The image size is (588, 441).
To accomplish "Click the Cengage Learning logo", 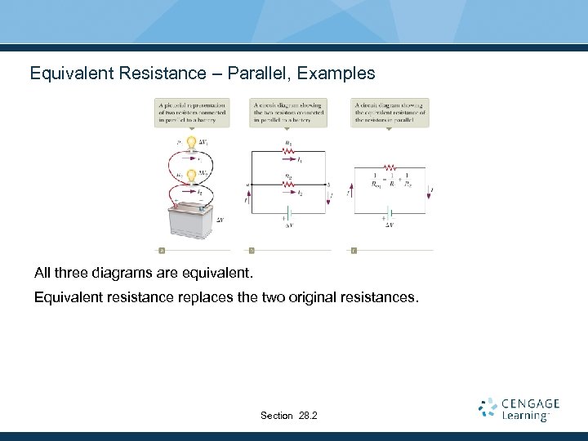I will point(519,409).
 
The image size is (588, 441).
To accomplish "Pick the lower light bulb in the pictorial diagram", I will point(191,175).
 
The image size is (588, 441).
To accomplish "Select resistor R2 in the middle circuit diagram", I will point(287,185).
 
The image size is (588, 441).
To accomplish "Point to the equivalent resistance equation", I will point(391,180).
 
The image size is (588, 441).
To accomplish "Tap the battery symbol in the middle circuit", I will point(287,218).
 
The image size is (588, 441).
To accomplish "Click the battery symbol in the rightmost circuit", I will point(390,218).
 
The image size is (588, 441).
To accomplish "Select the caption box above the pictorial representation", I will point(192,113).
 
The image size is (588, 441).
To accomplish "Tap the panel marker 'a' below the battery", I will point(162,250).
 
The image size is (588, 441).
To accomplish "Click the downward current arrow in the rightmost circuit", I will point(432,193).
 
